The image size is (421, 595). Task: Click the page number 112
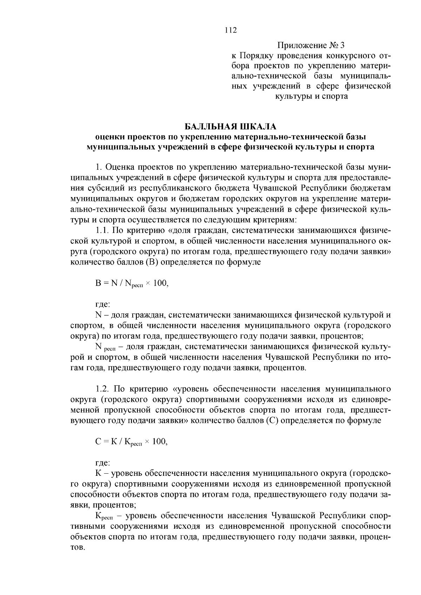[x=231, y=30]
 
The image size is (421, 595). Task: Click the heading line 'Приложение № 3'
[x=311, y=46]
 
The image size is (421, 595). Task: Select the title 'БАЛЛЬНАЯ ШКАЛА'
[x=230, y=126]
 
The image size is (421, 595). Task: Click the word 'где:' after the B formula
[x=103, y=304]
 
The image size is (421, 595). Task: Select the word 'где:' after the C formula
[x=103, y=463]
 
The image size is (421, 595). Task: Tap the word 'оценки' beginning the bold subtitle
[x=109, y=136]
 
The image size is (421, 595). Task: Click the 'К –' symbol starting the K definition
[x=102, y=474]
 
